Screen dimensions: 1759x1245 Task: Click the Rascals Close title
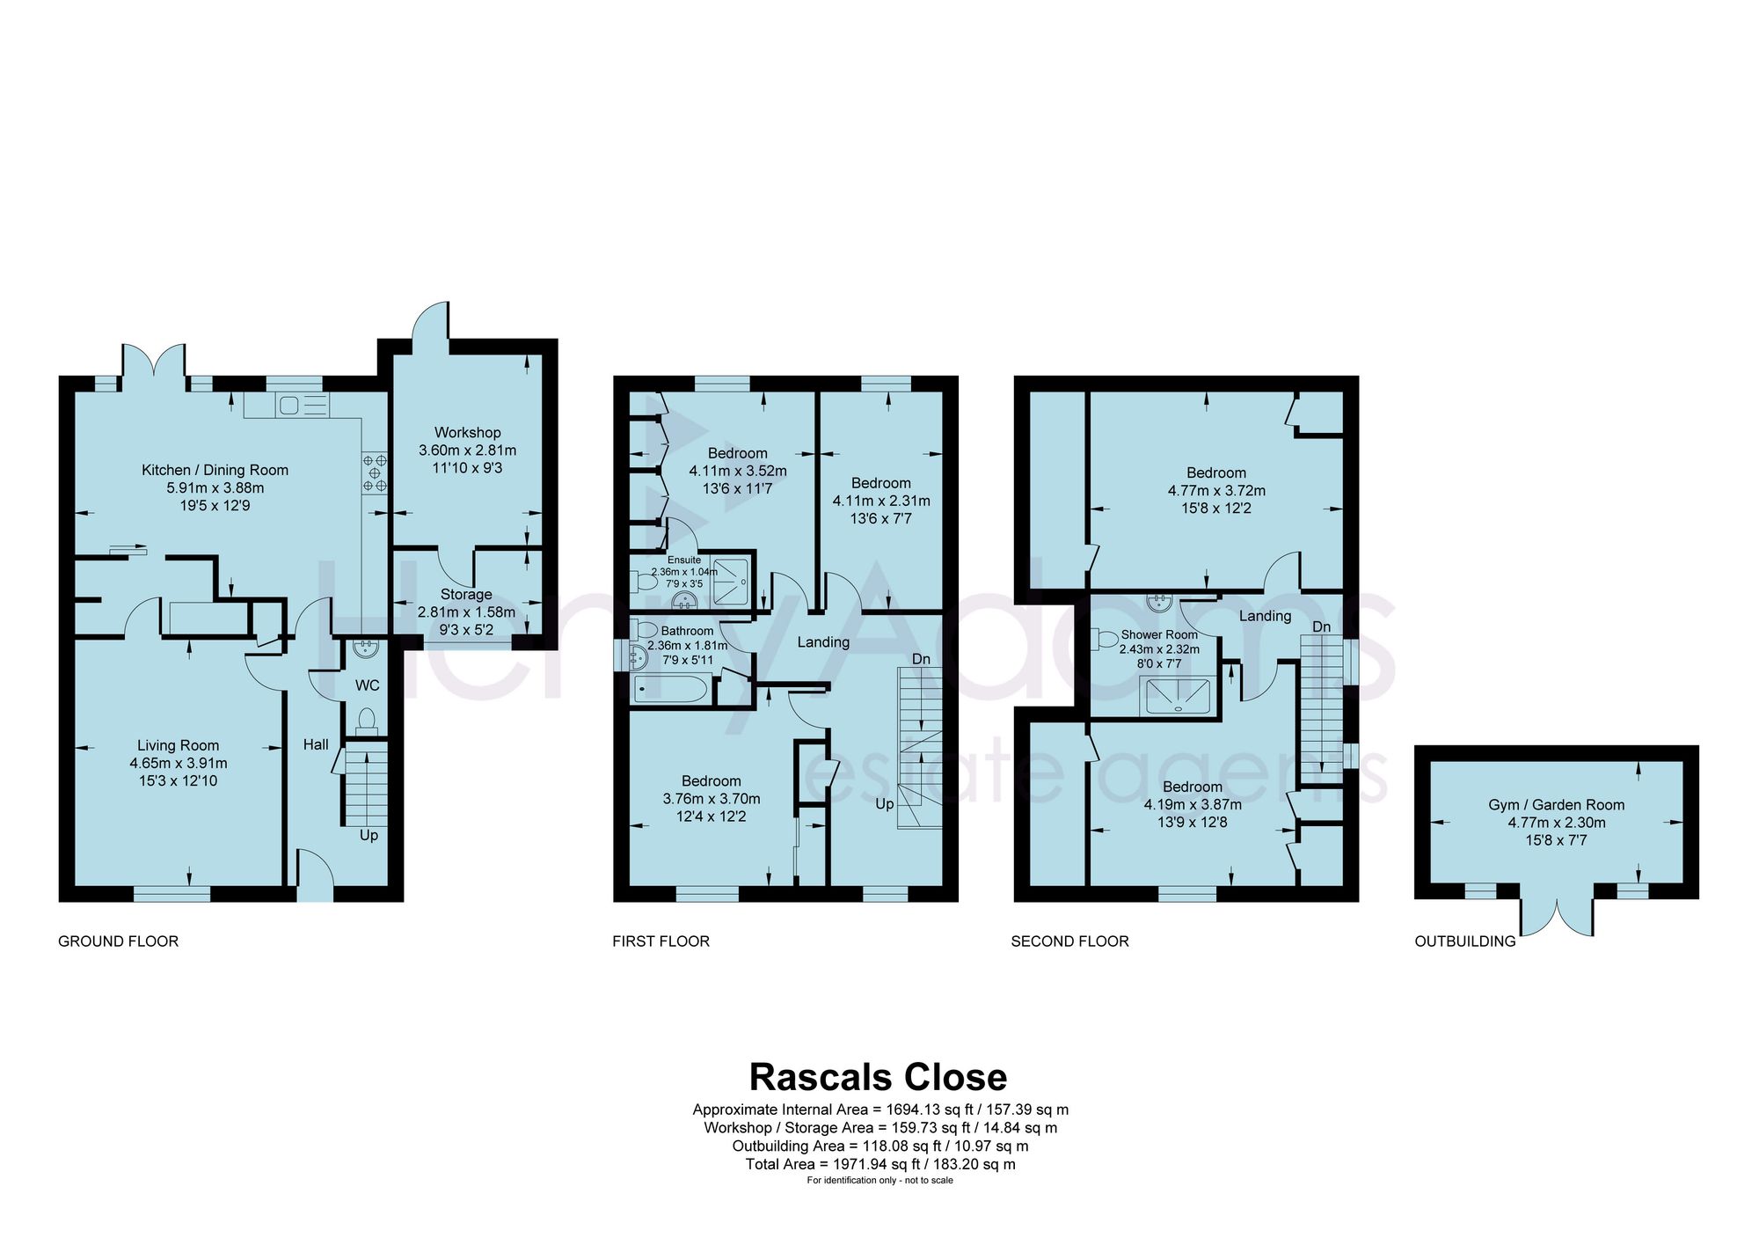[x=878, y=1077]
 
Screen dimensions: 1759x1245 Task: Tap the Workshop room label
[x=467, y=432]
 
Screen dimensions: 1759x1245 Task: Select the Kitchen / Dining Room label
[x=215, y=470]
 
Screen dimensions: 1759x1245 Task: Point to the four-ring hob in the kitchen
[x=376, y=472]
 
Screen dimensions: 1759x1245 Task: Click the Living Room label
[x=178, y=745]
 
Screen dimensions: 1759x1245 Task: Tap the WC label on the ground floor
[x=367, y=685]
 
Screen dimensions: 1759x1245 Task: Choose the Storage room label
[x=466, y=594]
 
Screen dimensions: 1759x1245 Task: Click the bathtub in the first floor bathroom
[x=670, y=690]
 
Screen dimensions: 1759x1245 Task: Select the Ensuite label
[x=684, y=560]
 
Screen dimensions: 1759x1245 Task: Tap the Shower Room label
[x=1159, y=634]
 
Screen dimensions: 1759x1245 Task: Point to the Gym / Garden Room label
[x=1557, y=804]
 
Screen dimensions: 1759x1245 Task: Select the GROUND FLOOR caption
[x=118, y=941]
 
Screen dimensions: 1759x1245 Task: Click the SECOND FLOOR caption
[x=1069, y=941]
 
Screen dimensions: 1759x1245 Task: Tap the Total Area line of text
[x=880, y=1164]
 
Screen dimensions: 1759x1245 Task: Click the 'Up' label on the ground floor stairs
[x=369, y=835]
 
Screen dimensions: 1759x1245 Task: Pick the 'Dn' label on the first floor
[x=921, y=659]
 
